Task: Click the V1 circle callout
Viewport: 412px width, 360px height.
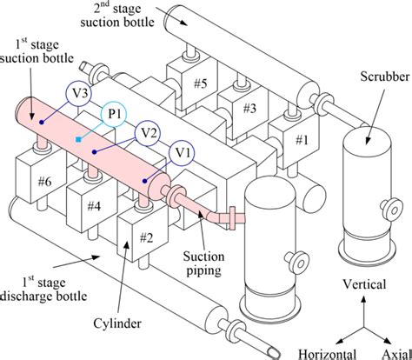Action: [x=182, y=154]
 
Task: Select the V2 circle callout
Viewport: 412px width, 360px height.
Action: [x=147, y=134]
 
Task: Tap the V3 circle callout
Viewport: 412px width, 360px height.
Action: [x=79, y=94]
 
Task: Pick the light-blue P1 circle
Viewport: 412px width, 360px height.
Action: [x=114, y=115]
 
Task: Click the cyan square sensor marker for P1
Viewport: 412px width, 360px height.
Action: [x=78, y=140]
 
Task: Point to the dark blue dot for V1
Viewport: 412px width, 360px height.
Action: [x=144, y=181]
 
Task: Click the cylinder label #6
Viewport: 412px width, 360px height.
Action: [x=45, y=182]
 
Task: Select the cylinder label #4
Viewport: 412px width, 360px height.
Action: [x=94, y=206]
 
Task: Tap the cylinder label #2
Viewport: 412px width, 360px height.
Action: [x=146, y=237]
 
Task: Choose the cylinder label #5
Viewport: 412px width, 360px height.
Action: [x=201, y=83]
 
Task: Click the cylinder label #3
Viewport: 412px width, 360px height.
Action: [x=249, y=109]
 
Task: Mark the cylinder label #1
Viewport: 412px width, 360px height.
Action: [x=302, y=140]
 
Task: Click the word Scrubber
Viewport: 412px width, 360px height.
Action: [x=385, y=77]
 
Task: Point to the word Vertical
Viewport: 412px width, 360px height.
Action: [x=364, y=284]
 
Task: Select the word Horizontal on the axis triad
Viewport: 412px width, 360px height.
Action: [x=327, y=354]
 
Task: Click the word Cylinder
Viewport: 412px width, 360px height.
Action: [x=117, y=323]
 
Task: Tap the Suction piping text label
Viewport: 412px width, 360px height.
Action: [x=203, y=263]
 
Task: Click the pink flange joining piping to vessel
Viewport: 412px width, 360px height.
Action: [x=232, y=218]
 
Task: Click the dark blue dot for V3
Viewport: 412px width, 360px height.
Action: [x=42, y=123]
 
